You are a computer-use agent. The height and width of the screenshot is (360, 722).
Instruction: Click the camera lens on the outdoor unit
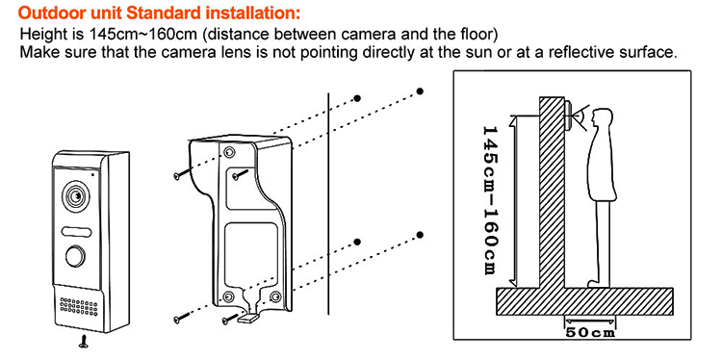(74, 196)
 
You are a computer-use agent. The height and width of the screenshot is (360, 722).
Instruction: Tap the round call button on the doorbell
(74, 256)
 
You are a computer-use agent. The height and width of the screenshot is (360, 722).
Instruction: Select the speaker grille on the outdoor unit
(79, 306)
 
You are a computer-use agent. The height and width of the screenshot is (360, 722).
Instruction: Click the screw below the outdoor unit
(84, 341)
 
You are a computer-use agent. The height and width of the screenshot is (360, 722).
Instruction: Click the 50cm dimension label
(590, 332)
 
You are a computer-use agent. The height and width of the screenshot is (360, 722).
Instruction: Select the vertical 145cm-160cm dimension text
(490, 200)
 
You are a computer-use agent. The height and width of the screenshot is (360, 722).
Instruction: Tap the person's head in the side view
(600, 119)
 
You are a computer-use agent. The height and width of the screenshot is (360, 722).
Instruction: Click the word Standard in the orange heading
(164, 13)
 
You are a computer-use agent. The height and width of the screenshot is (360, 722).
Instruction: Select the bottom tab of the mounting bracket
(248, 319)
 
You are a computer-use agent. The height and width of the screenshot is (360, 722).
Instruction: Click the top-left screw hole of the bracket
(228, 152)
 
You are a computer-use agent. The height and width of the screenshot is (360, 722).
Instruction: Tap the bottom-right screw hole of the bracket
(275, 296)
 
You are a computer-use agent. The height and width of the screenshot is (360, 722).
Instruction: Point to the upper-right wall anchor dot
(420, 91)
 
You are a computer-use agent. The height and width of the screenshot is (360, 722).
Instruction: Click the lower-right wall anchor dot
(420, 235)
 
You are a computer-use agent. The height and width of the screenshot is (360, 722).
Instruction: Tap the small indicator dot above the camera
(92, 174)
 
